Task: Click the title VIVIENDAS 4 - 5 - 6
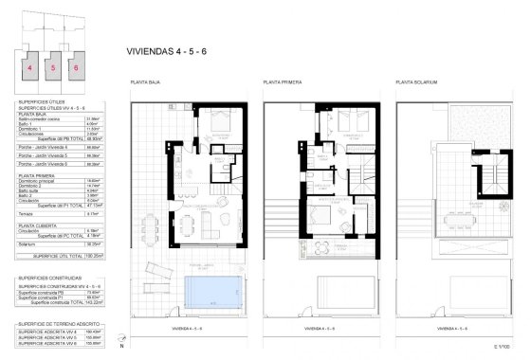point(166,53)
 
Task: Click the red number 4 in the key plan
point(31,68)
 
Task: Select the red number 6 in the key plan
point(75,68)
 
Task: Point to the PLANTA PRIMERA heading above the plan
point(284,83)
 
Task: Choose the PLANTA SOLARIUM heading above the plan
point(418,83)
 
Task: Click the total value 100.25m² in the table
point(93,255)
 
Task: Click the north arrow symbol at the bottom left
point(14,342)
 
